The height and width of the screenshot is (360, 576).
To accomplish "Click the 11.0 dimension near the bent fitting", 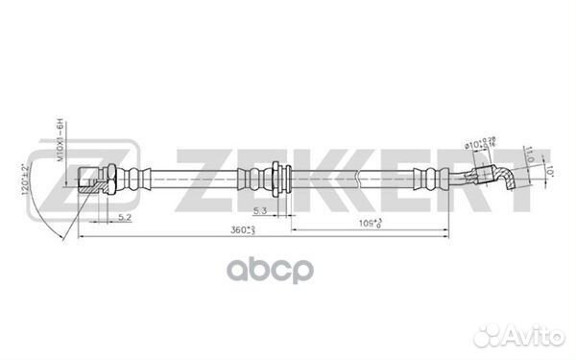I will [x=530, y=153].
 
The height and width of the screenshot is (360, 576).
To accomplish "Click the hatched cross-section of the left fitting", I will [x=88, y=186].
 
